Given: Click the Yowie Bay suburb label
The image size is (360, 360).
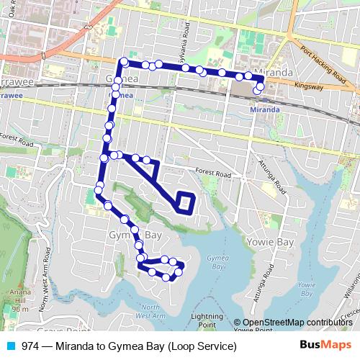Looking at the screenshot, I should point(270,242).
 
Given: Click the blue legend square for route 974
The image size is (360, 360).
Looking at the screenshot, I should point(9,346).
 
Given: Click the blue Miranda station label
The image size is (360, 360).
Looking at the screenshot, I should point(264,109).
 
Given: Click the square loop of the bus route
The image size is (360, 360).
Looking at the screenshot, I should point(185,204).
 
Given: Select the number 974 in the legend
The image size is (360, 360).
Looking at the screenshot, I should point(31,346).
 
